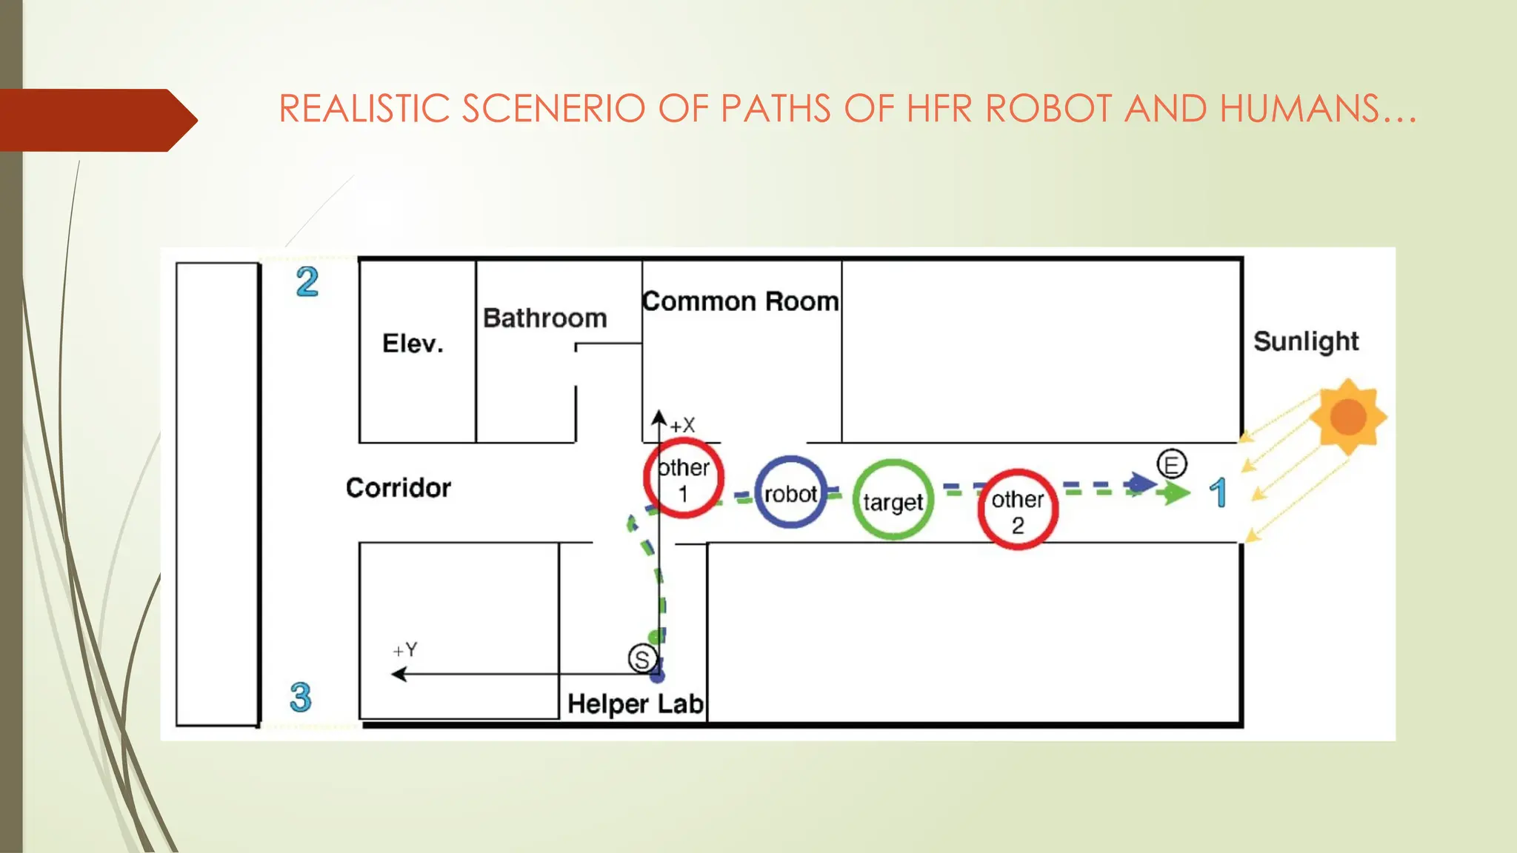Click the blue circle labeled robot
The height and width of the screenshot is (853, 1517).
point(790,492)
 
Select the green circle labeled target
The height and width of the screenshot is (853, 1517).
point(893,500)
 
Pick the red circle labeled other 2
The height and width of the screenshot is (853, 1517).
point(1017,509)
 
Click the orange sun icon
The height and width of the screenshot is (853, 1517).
point(1347,416)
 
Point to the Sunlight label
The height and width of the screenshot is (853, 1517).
point(1306,341)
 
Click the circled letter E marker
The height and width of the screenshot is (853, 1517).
point(1172,465)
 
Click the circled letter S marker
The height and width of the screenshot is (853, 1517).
point(642,658)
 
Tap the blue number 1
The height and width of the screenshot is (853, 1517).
point(1218,493)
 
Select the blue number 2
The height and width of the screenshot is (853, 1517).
point(307,282)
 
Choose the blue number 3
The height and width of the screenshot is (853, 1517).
point(300,698)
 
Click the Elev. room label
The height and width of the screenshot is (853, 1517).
point(413,344)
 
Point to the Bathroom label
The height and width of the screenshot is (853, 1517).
point(544,318)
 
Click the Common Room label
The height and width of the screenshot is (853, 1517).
point(740,301)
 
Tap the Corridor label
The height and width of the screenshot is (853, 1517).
point(398,488)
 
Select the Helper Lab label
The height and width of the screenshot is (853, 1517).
point(635,703)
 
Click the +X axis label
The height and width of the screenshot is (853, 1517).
point(682,426)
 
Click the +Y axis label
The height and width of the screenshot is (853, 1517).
point(405,650)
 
